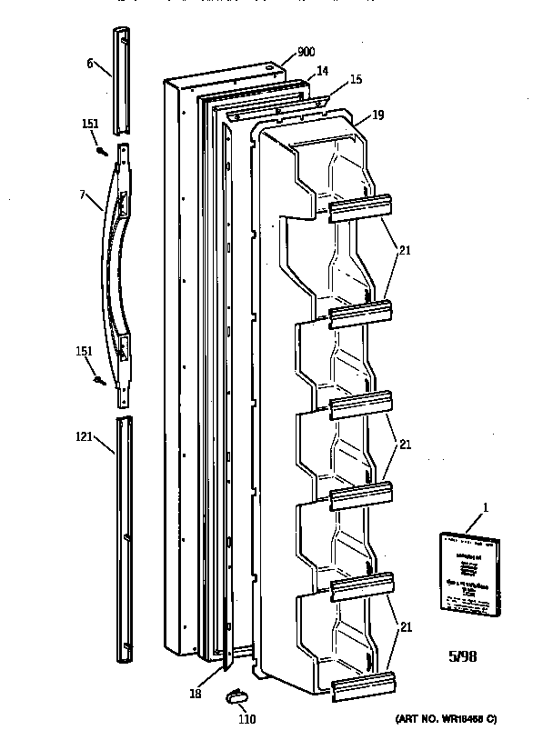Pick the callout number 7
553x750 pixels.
tap(82, 194)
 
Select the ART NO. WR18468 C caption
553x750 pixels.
tap(447, 719)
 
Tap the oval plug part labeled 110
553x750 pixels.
tap(236, 696)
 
